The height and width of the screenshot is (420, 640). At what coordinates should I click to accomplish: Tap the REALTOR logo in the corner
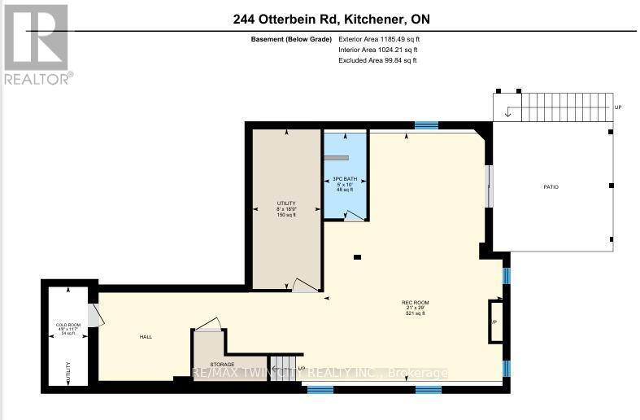37,45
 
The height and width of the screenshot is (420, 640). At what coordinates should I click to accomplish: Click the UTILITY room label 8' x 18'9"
286,208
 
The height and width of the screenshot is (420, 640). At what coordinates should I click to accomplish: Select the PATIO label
551,187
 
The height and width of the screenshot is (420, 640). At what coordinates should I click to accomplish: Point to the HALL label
145,336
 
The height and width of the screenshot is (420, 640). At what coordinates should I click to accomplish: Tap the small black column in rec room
358,258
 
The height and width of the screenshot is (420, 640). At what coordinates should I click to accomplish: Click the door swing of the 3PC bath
354,216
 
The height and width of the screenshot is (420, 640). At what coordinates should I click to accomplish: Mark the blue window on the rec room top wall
425,125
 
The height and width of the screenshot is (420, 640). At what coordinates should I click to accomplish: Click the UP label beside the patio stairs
617,107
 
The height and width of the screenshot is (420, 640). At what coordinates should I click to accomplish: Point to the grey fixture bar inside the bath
337,158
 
